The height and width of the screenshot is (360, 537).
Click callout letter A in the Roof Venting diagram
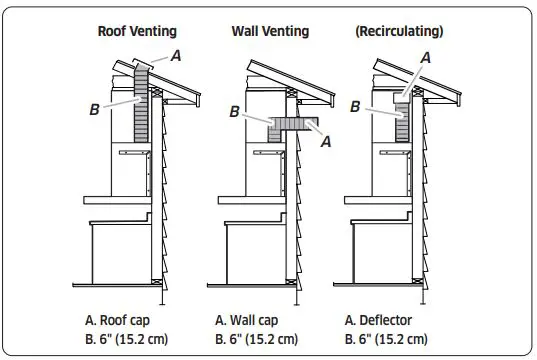click(176, 57)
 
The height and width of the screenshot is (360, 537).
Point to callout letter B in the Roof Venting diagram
click(93, 109)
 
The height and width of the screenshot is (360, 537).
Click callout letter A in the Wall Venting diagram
click(325, 142)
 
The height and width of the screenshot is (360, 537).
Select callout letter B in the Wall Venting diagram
click(234, 113)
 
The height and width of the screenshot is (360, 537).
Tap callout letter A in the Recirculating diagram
click(426, 58)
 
